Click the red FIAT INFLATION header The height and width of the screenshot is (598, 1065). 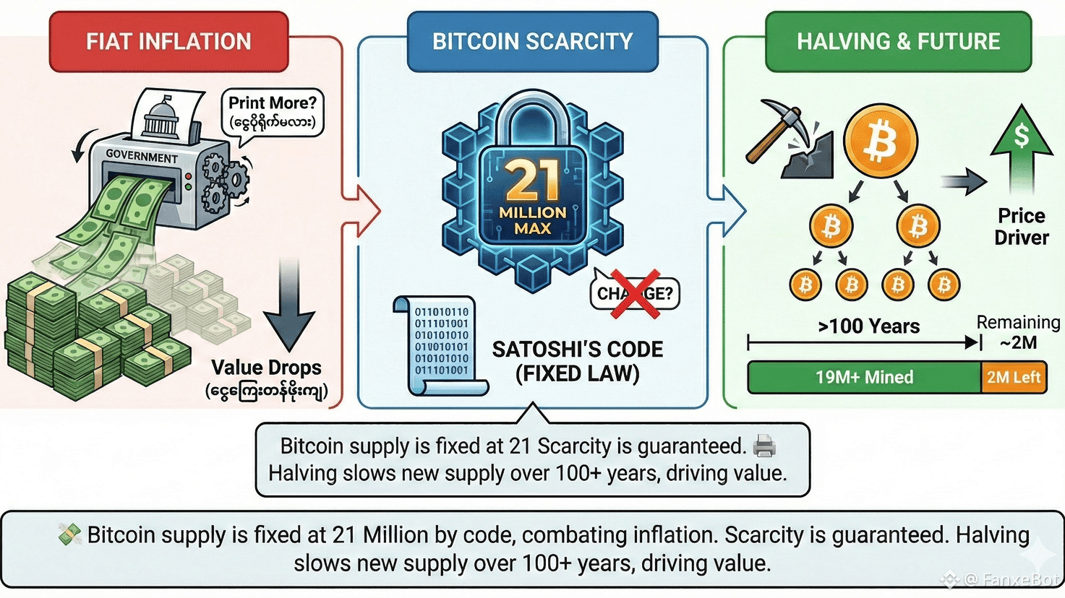(x=168, y=42)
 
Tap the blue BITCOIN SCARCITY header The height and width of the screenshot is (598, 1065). (x=532, y=42)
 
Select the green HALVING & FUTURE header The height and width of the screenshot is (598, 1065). (x=898, y=42)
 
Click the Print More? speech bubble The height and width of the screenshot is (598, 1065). (x=273, y=112)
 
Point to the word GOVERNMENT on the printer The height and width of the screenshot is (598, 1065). (x=142, y=155)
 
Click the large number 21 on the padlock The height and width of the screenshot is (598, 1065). (x=533, y=181)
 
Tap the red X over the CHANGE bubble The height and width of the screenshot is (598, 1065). (x=635, y=293)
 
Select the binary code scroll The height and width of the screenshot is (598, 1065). (x=440, y=345)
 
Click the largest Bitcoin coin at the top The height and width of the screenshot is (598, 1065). (x=881, y=141)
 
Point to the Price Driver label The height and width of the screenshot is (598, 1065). (x=1021, y=226)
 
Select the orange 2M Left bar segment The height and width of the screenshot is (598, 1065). (x=1014, y=377)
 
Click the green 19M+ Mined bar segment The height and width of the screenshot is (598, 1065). (x=864, y=377)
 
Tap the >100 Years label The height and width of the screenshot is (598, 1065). (x=868, y=326)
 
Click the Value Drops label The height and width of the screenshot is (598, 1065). (x=266, y=368)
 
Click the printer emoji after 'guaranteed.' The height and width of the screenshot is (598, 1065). (x=764, y=446)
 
